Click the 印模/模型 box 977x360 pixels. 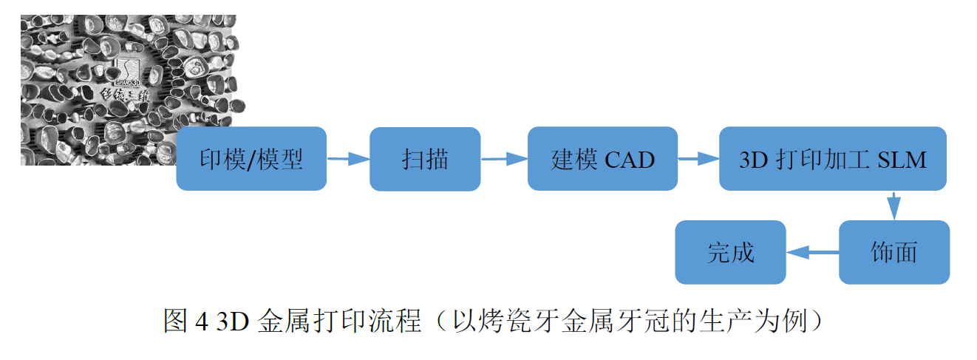[x=251, y=159]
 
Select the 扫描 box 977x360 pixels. [x=425, y=159]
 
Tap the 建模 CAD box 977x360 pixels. [x=602, y=159]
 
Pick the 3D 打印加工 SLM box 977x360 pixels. [x=833, y=159]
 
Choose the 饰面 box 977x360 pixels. [x=893, y=252]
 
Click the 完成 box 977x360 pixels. [x=730, y=252]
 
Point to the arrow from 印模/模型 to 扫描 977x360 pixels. [x=347, y=158]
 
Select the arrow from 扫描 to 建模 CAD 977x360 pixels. [x=504, y=158]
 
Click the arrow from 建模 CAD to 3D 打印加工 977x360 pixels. [x=698, y=158]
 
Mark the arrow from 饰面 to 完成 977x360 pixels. [x=812, y=253]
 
